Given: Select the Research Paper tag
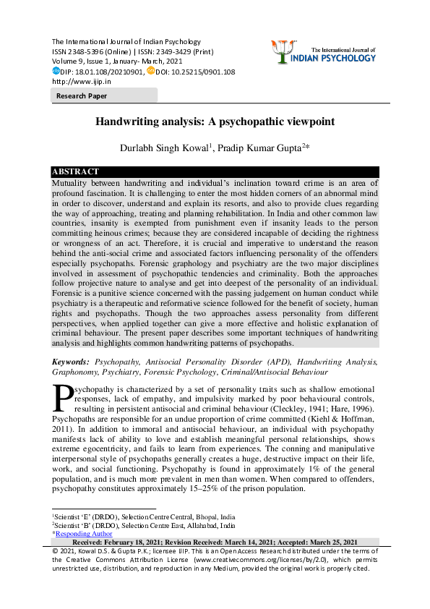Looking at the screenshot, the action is (x=81, y=95).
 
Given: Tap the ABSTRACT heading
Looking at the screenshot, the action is (x=75, y=171).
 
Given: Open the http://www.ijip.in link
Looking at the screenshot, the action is (x=81, y=82).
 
